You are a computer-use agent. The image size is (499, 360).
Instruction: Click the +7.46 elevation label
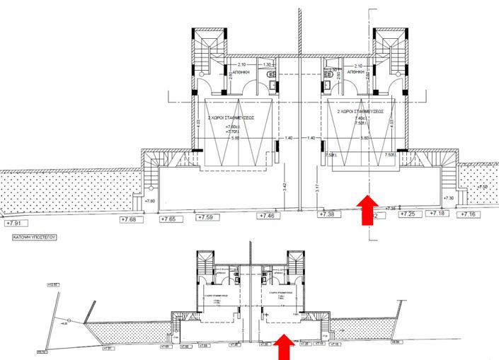click(268, 215)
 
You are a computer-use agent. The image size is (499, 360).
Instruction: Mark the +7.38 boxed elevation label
click(327, 214)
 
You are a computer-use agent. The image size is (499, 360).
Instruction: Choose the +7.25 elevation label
click(408, 214)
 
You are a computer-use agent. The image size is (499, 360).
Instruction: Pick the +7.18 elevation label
click(439, 213)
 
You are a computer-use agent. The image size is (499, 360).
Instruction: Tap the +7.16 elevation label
click(469, 214)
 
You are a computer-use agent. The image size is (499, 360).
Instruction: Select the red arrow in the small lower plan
click(284, 347)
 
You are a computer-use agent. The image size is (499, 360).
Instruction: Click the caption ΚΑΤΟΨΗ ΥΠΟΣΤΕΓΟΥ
click(35, 239)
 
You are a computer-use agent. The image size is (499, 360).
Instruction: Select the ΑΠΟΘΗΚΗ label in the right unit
click(355, 72)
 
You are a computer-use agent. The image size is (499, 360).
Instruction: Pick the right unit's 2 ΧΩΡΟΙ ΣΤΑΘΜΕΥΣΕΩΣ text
click(360, 111)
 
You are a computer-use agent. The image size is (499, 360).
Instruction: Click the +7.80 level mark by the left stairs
click(149, 202)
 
